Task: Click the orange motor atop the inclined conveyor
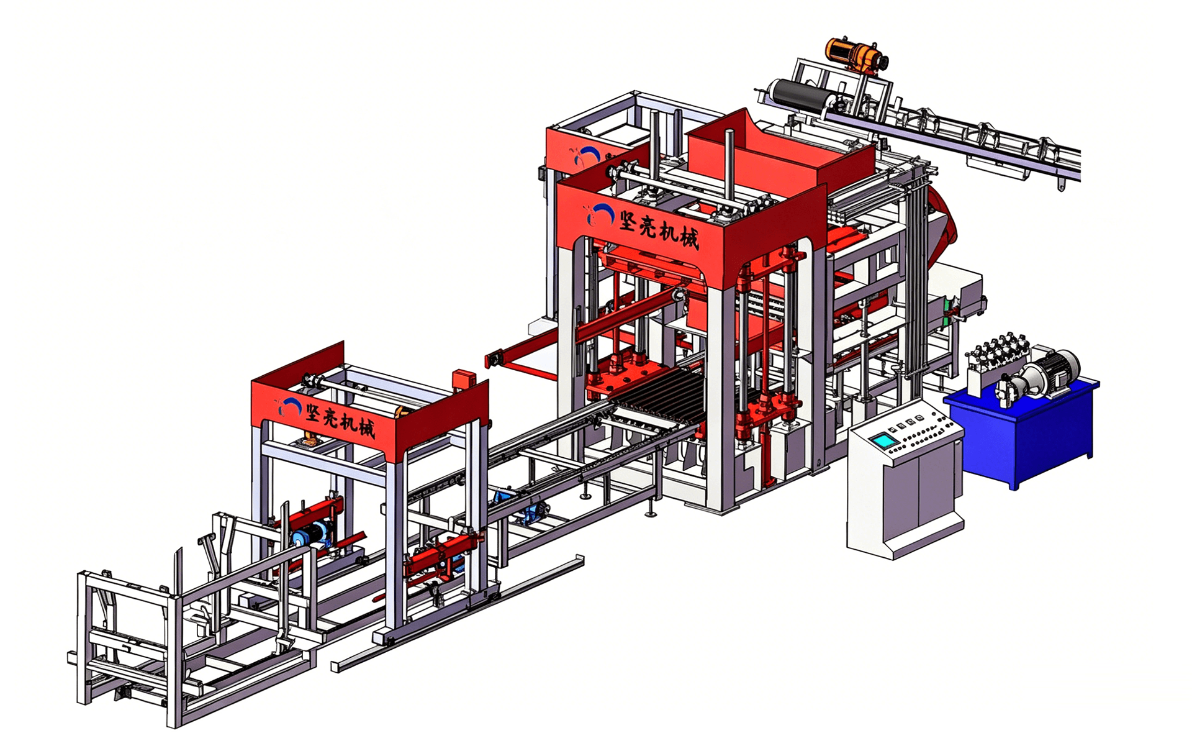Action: point(857,55)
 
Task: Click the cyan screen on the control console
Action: point(882,441)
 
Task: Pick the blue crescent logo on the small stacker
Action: point(289,406)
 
